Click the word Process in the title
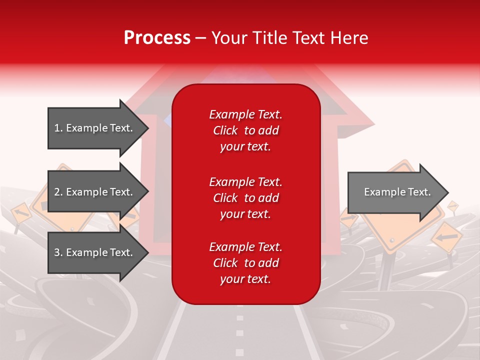[157, 38]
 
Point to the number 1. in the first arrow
[58, 128]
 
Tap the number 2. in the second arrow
[58, 192]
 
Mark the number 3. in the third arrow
[58, 252]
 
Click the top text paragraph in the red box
[245, 130]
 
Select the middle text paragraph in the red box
[245, 198]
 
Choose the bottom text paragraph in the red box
[245, 263]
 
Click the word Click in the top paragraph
[225, 130]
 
